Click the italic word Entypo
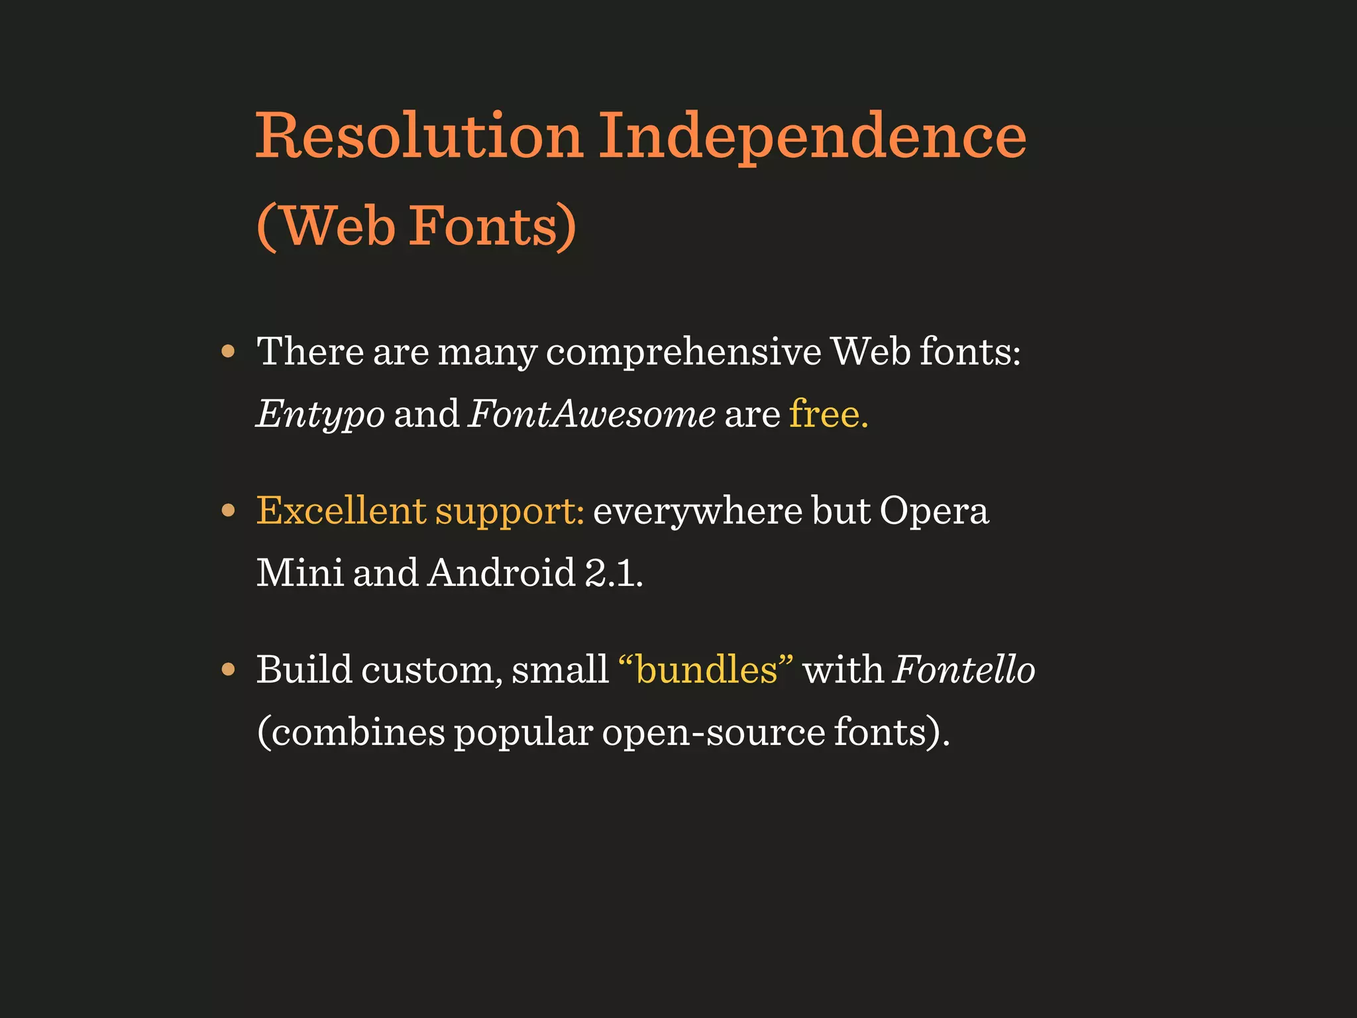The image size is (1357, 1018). click(x=321, y=415)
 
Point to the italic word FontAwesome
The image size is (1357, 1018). click(x=591, y=414)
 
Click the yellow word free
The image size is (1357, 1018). click(x=828, y=414)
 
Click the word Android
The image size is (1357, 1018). click(x=502, y=572)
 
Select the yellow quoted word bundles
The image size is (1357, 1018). click(x=706, y=669)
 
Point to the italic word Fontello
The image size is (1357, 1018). click(x=964, y=669)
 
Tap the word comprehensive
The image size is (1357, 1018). click(x=683, y=351)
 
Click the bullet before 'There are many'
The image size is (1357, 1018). click(x=229, y=351)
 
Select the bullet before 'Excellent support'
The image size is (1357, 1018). click(x=229, y=510)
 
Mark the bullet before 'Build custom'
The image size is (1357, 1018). click(x=229, y=669)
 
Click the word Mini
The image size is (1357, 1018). click(x=299, y=572)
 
